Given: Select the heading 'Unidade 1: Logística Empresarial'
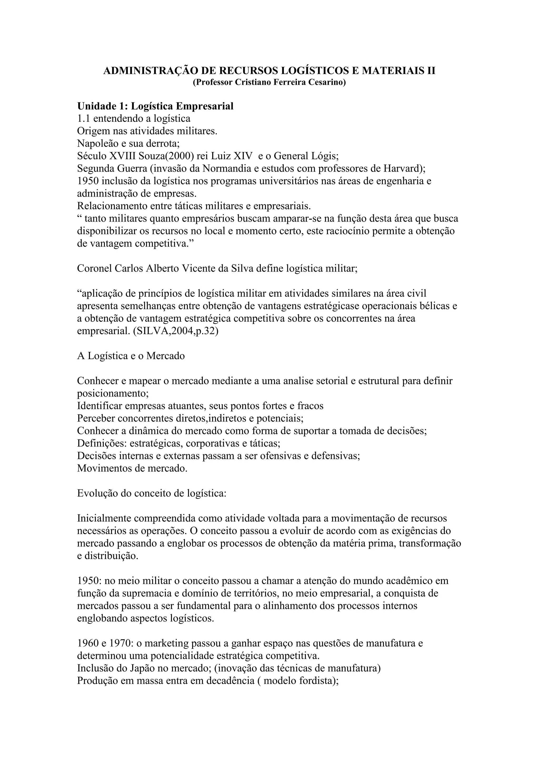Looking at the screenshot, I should click(155, 106).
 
